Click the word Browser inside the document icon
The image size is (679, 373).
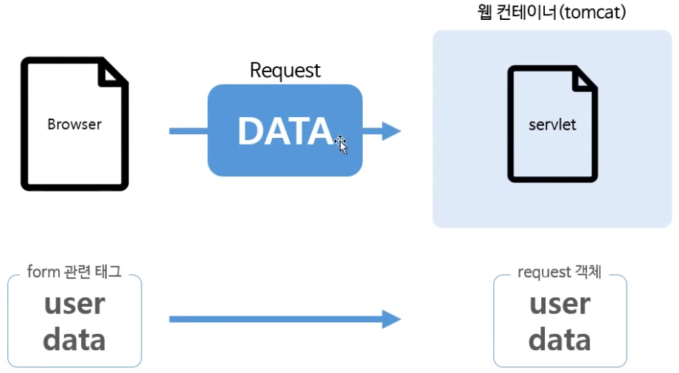pyautogui.click(x=74, y=124)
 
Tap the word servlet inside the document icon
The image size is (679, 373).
pyautogui.click(x=552, y=124)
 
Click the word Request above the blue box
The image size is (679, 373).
pyautogui.click(x=285, y=70)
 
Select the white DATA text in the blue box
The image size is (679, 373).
pyautogui.click(x=285, y=131)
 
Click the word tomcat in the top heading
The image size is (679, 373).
pyautogui.click(x=593, y=13)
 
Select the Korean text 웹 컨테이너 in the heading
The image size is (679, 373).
pyautogui.click(x=516, y=13)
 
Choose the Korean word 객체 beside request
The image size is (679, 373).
pyautogui.click(x=588, y=272)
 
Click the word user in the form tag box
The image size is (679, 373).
pyautogui.click(x=74, y=304)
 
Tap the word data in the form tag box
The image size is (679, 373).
pyautogui.click(x=74, y=340)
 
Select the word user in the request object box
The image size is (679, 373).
pyautogui.click(x=560, y=304)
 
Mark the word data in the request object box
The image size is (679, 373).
pyautogui.click(x=560, y=340)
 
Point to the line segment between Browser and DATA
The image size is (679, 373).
pyautogui.click(x=188, y=131)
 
